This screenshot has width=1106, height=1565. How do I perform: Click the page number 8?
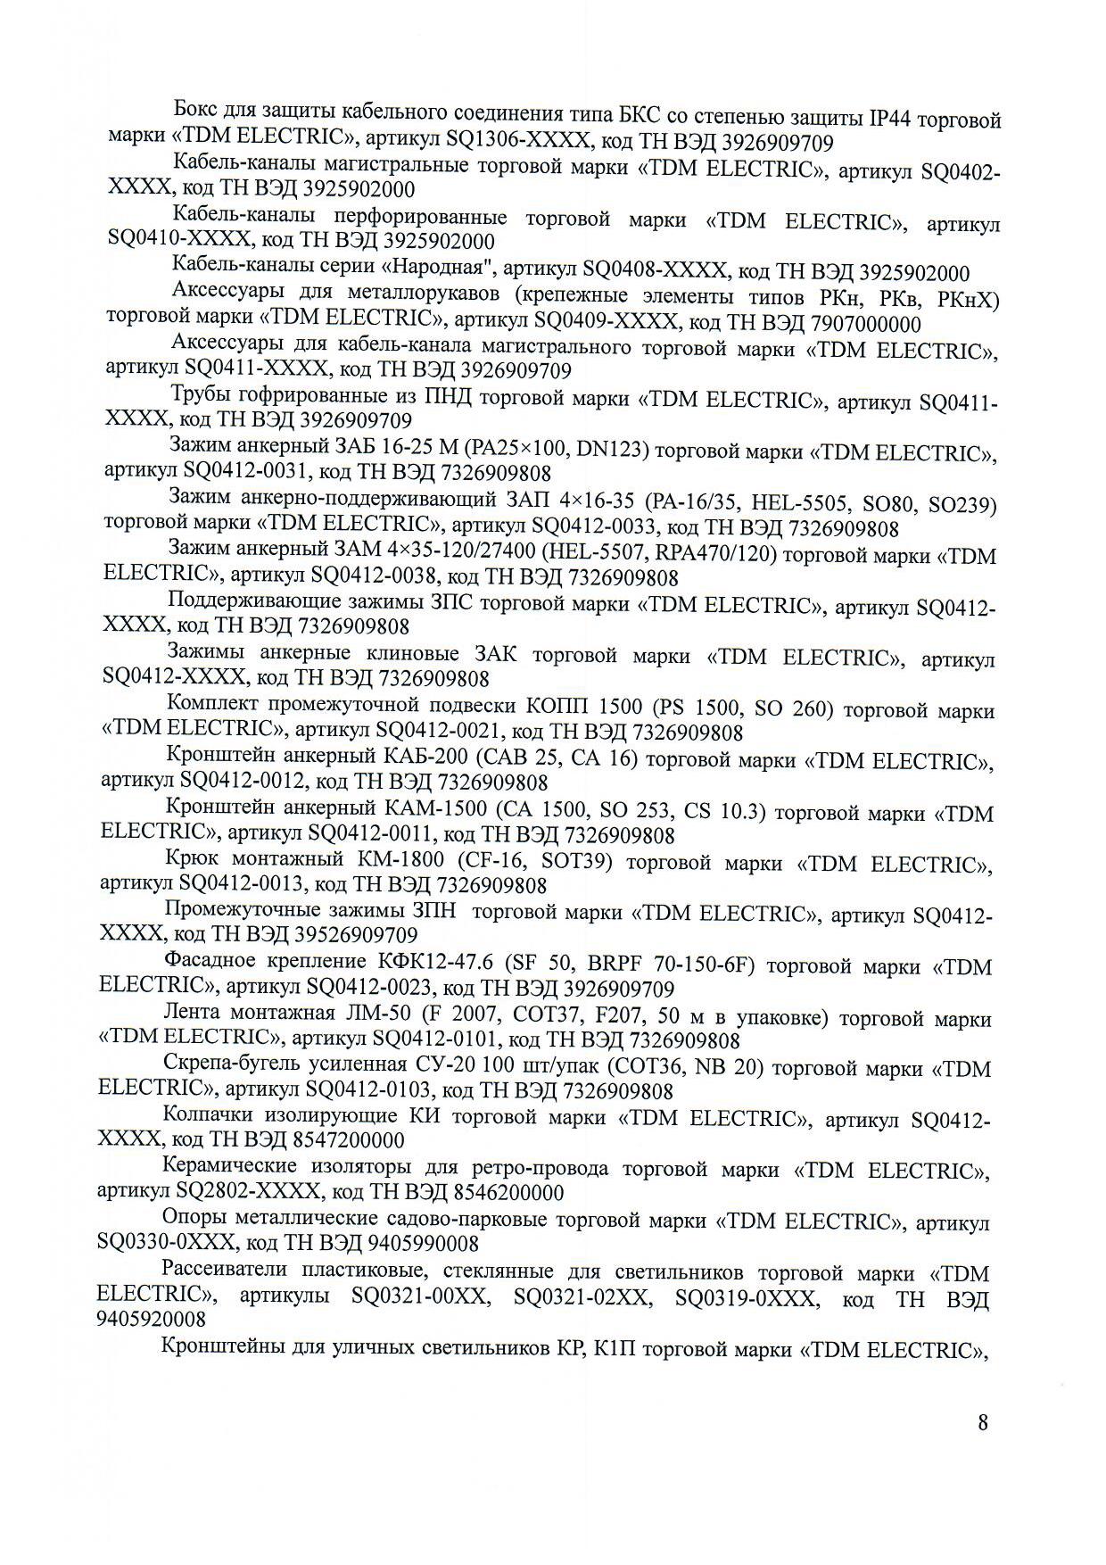click(983, 1422)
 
